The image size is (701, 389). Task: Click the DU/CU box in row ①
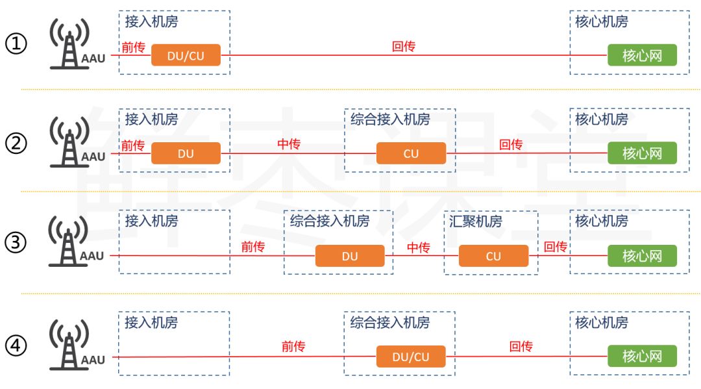coord(186,56)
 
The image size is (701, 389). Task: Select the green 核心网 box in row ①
coord(641,56)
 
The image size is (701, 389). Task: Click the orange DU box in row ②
coord(186,154)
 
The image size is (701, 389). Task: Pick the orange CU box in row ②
coord(411,154)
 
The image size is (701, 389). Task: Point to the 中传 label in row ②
coord(289,144)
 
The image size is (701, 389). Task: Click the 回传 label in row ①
coord(404,46)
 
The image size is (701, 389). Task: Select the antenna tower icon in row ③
coord(69,243)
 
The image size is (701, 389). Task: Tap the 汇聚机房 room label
coord(476,221)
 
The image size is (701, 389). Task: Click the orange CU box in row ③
coord(493,256)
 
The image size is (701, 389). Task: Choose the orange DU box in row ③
coord(350,256)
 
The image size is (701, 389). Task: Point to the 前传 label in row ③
coord(253,247)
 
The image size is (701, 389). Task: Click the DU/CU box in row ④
coord(411,357)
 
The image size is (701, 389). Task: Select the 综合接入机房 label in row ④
coord(390,322)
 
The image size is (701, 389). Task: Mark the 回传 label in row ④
coord(521,347)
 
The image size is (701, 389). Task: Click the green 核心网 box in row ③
coord(641,256)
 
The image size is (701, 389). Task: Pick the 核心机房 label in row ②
coord(602,119)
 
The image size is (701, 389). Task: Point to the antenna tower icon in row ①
coord(69,43)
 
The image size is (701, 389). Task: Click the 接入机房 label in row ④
coord(151,322)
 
